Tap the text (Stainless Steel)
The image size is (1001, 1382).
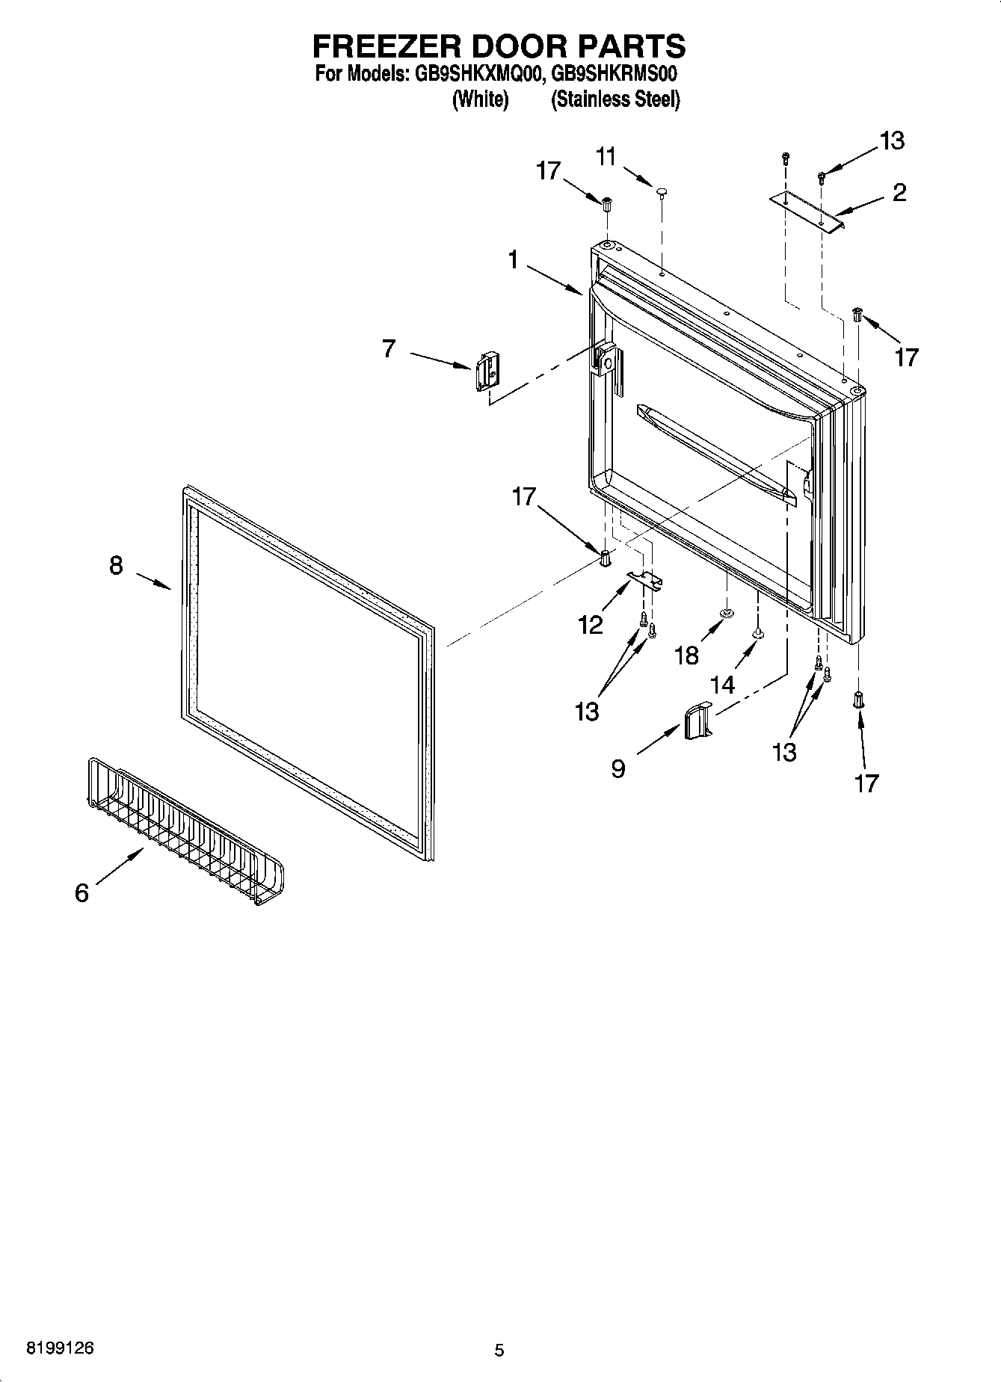click(615, 99)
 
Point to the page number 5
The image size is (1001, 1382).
click(499, 1350)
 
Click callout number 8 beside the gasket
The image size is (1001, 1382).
click(116, 566)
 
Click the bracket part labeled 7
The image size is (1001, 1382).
click(486, 371)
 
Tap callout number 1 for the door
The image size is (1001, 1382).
click(513, 260)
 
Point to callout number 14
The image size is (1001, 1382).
click(723, 683)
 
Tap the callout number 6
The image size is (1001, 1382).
click(81, 892)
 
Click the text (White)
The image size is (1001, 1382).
click(481, 99)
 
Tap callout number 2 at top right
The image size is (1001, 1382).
click(899, 192)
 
